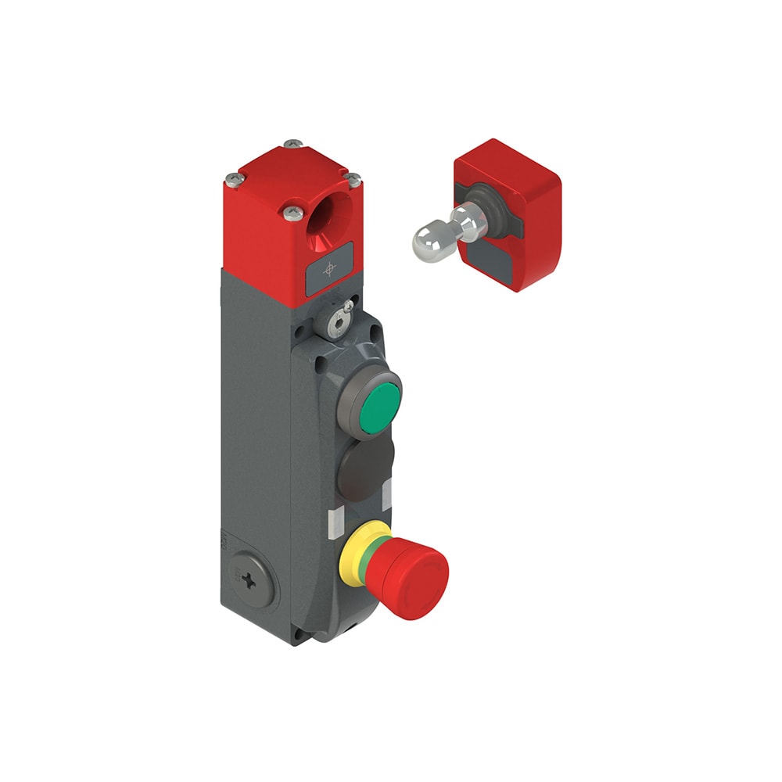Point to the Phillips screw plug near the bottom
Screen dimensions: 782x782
point(249,579)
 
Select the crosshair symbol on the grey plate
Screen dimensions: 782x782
point(330,268)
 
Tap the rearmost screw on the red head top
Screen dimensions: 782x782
point(293,144)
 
